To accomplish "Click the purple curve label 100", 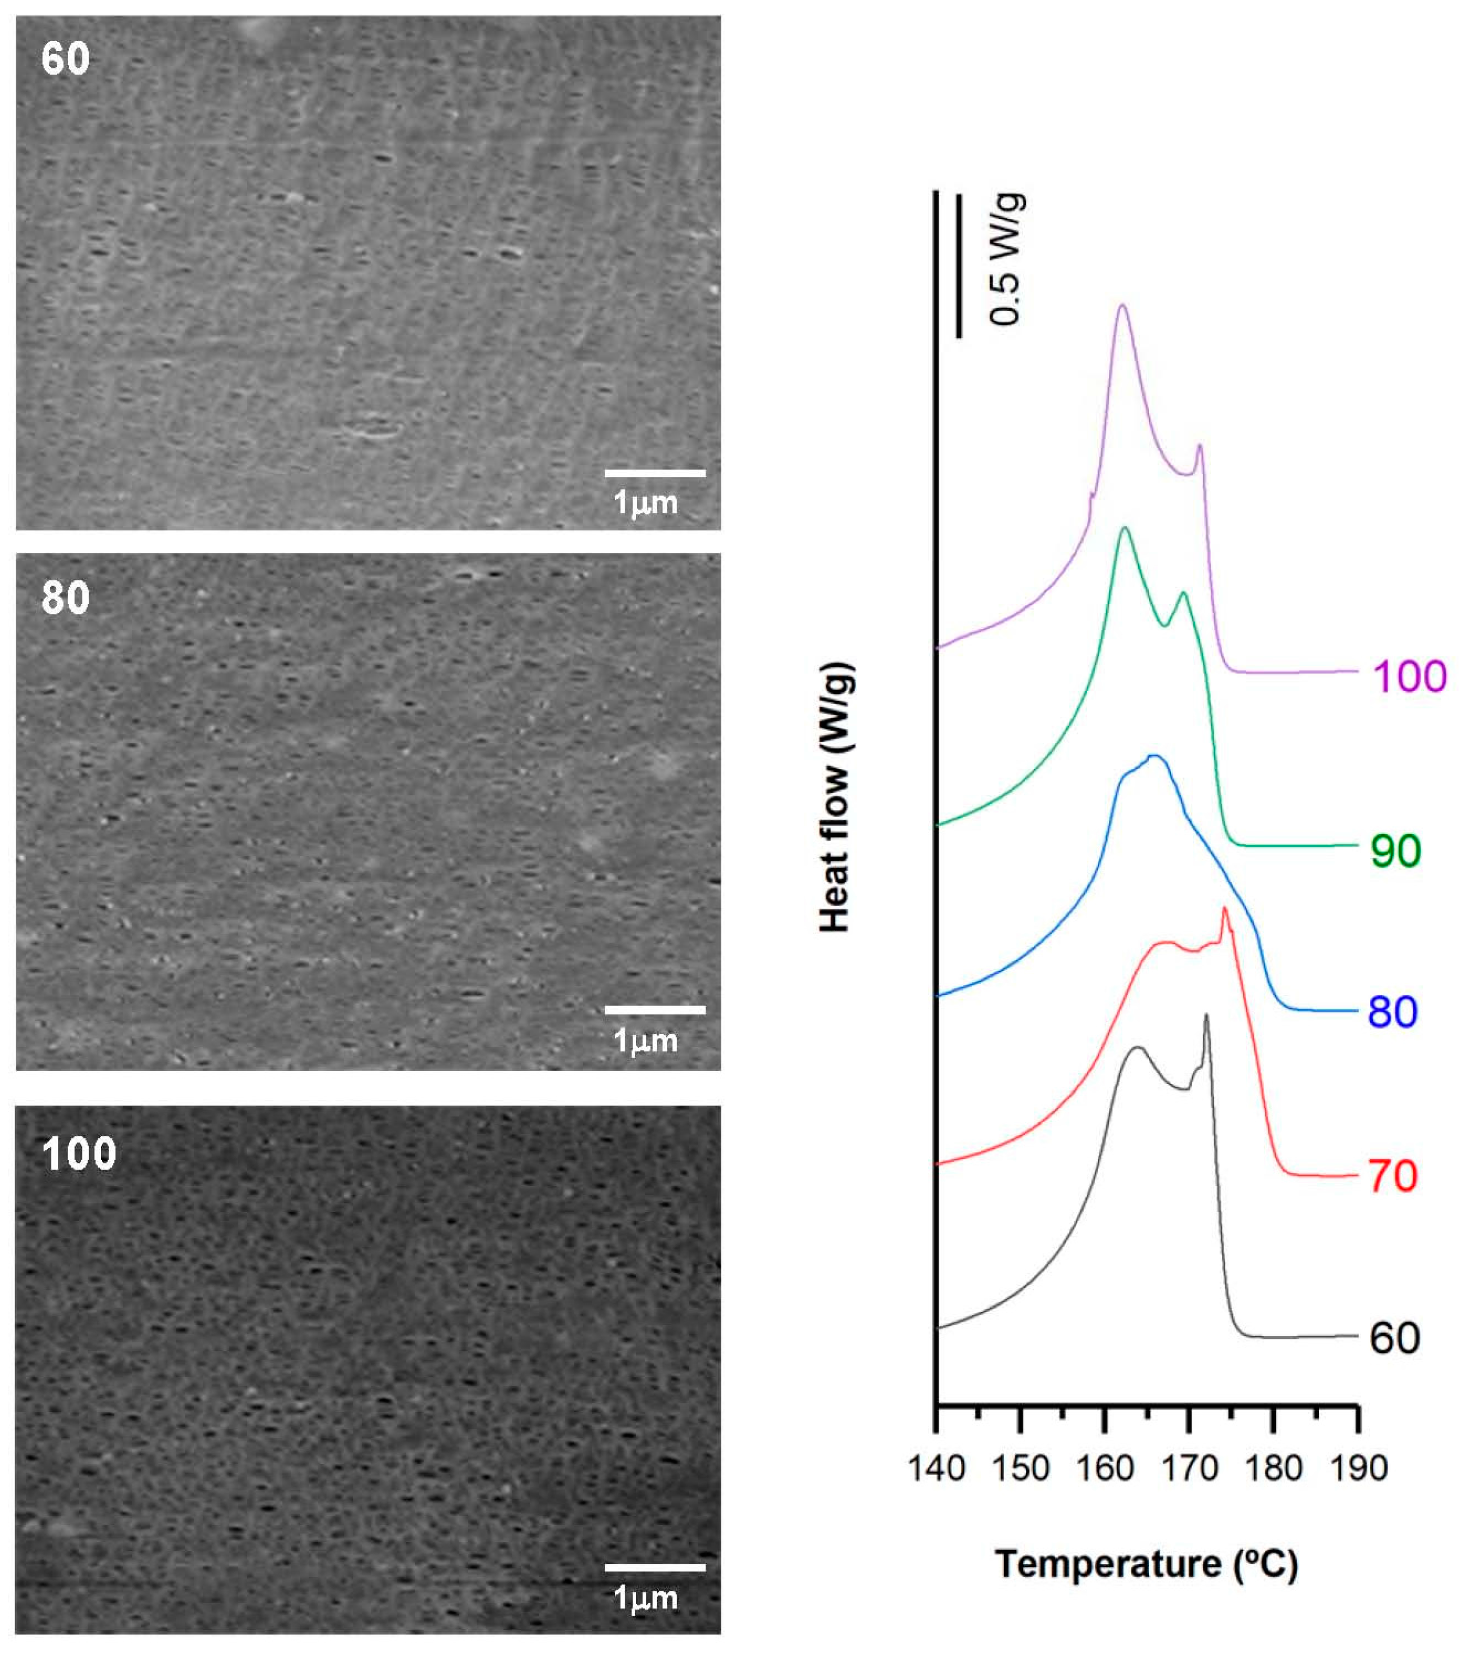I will [1409, 675].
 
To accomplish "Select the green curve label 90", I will [1395, 851].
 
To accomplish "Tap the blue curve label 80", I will [1393, 1012].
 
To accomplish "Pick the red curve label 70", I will [1393, 1176].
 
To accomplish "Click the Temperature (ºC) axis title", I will [1146, 1564].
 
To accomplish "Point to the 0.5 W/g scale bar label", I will [1006, 259].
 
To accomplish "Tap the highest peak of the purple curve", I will [1122, 306].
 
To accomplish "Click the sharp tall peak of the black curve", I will [1206, 1015].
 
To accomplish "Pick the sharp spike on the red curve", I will [1224, 909].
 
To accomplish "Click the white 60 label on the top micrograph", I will [65, 59].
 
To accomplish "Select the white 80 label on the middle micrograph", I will [65, 598].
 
